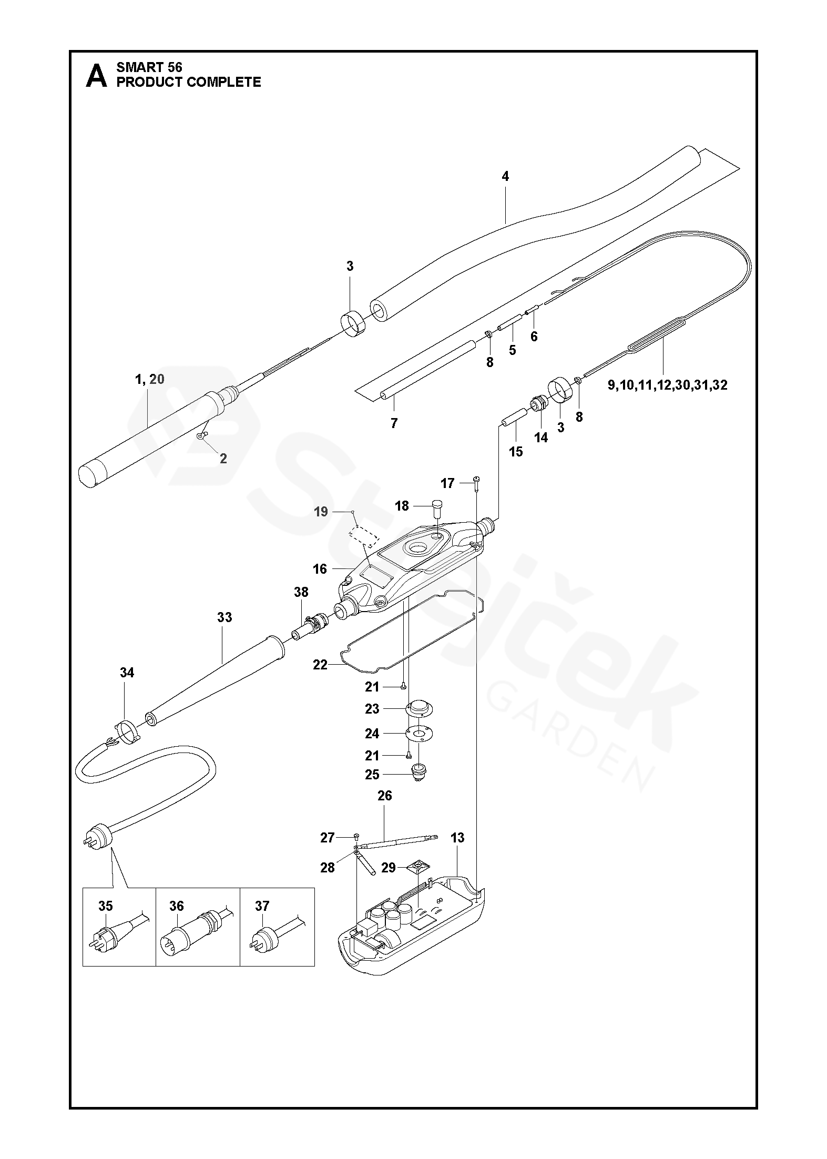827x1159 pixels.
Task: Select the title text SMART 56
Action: (149, 67)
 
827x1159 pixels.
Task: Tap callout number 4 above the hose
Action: (505, 177)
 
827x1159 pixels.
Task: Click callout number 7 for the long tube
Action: (394, 423)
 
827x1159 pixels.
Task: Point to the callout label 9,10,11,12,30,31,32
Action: (667, 385)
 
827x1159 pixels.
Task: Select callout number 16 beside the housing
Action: (320, 569)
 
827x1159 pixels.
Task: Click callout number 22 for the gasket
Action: (320, 665)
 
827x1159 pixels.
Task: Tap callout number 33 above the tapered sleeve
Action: (224, 617)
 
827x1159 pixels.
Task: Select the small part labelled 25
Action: (418, 775)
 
